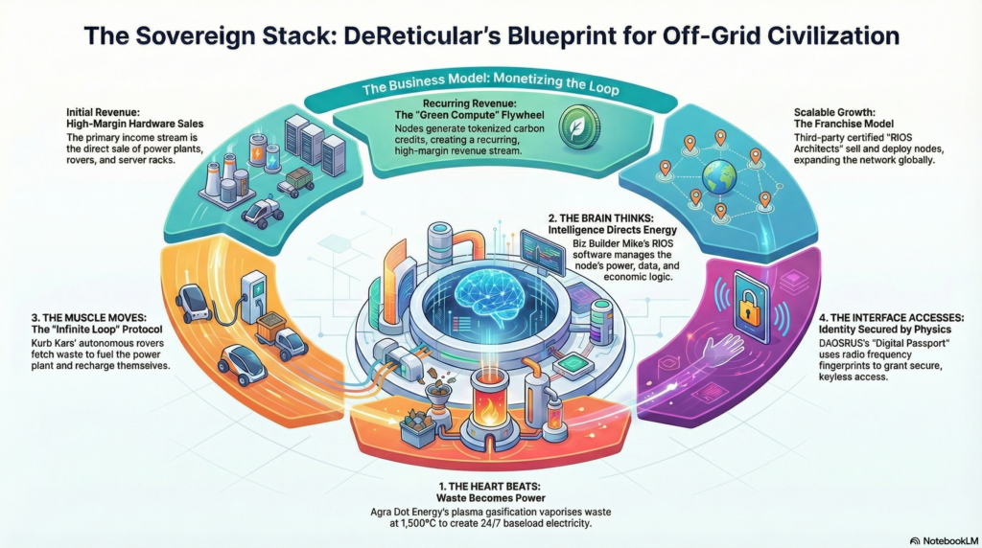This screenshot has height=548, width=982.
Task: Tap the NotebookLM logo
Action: coord(944,540)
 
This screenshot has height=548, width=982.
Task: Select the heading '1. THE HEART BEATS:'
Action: coord(490,486)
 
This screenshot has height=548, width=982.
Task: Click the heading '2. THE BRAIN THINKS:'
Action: coord(600,218)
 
